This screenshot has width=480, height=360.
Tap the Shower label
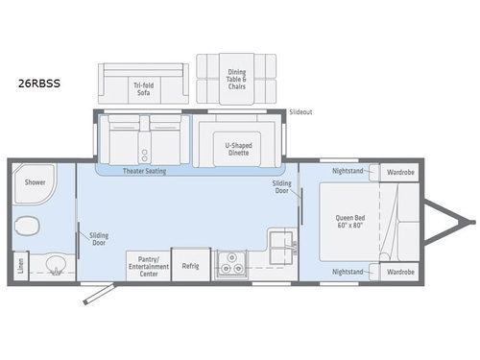point(36,180)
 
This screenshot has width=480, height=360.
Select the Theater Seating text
point(145,171)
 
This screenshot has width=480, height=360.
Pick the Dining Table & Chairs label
point(235,80)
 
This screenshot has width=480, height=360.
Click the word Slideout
point(300,112)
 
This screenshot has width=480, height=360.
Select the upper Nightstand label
point(347,172)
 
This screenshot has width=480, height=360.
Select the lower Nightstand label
point(347,272)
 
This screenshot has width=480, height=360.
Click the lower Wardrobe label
point(400,272)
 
